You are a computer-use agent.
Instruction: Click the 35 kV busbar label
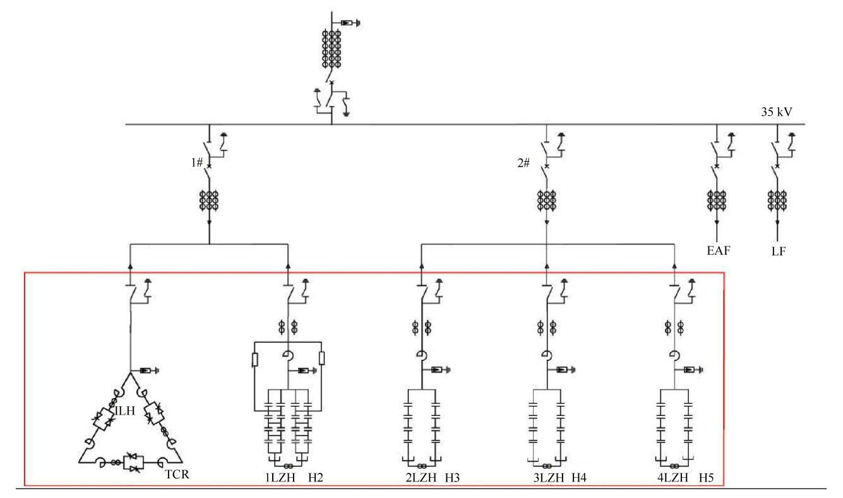(777, 114)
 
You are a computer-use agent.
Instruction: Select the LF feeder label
(777, 252)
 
